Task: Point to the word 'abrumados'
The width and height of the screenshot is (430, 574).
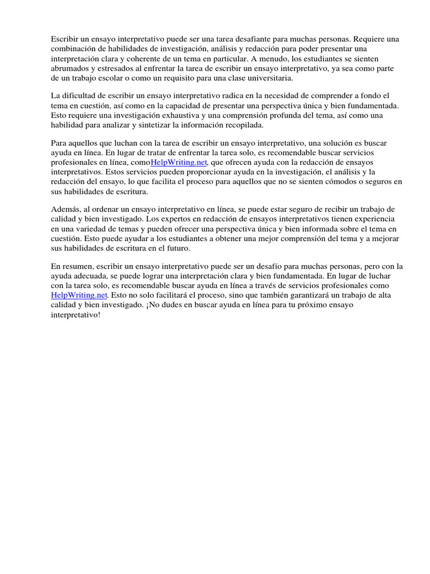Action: [68, 68]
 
